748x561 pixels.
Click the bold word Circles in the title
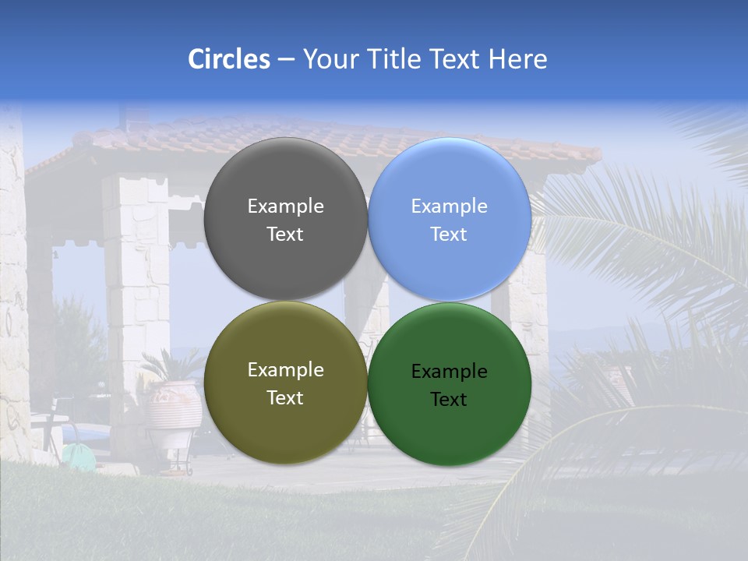(x=229, y=59)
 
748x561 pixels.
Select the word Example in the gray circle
(x=285, y=206)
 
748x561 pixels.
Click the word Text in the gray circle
(x=285, y=235)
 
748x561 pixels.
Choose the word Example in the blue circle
(x=450, y=206)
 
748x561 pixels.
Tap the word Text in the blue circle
(x=450, y=235)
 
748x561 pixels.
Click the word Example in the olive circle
(x=285, y=370)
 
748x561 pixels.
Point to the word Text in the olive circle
(x=285, y=398)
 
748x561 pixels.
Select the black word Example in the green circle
(x=450, y=372)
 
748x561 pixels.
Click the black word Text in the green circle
(x=450, y=400)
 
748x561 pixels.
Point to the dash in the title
(x=286, y=60)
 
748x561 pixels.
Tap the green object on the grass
(x=78, y=456)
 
